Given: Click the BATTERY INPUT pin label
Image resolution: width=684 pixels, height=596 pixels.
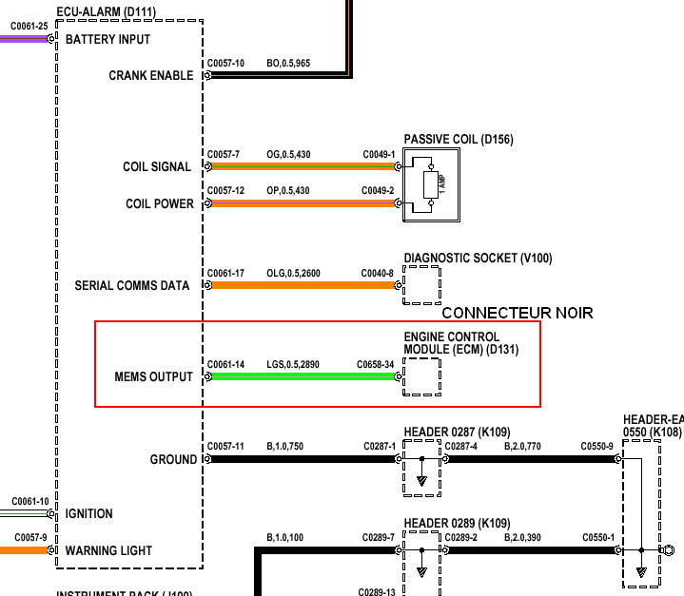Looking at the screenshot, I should coord(107,40).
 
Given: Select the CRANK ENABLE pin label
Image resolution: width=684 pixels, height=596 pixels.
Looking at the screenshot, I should coord(150,76).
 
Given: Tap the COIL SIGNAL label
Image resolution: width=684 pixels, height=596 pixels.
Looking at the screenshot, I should coord(157,167).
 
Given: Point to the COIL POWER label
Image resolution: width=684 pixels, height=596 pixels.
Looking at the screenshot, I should coord(159,204).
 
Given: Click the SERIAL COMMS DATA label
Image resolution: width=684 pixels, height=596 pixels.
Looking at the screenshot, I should coord(133,286).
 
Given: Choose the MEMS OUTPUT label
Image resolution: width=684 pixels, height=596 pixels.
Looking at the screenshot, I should coord(153,377).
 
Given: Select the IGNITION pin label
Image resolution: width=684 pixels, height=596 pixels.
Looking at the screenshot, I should coord(88,514).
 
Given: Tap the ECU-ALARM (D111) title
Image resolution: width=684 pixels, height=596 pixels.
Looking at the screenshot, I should coord(107,12).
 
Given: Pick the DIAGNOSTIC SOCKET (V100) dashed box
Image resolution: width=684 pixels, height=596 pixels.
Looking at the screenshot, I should coord(421,285).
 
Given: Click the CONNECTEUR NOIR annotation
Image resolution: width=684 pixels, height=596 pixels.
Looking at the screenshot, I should coord(518,313).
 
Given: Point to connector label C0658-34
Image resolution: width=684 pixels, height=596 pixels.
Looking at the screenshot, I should coord(375,364).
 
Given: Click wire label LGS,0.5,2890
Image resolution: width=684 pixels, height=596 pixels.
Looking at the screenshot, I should coord(293,364).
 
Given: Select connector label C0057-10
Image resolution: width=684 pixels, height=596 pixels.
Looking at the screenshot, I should coord(225,64).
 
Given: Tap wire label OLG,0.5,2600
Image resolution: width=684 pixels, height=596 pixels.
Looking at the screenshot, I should coord(293,274).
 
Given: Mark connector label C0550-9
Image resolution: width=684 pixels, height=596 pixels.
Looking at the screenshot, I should coord(597,446).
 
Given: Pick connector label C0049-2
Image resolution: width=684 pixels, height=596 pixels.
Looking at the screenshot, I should coord(378,191).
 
